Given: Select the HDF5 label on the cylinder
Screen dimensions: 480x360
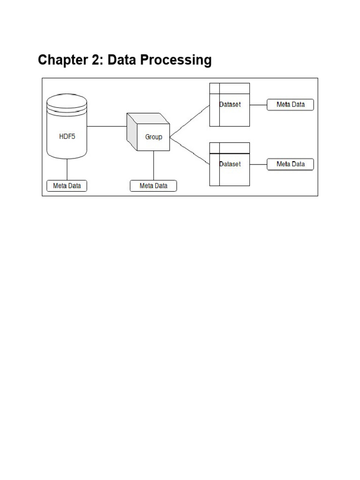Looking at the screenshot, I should tap(67, 137).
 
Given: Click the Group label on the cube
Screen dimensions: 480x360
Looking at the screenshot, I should tap(153, 137).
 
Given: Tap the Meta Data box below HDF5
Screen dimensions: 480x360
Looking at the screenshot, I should tap(67, 186).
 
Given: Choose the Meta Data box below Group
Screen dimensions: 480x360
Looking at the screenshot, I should tap(153, 186).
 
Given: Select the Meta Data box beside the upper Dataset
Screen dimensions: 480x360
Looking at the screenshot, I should tap(290, 105).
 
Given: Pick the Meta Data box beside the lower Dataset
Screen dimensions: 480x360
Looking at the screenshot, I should tap(290, 164).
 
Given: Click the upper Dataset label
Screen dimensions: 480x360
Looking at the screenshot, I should tap(230, 105).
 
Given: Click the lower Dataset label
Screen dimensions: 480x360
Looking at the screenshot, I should tap(230, 164).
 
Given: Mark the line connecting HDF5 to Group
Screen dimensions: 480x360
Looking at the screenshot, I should tap(107, 126).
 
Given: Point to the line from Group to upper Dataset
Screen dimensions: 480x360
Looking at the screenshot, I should tap(189, 121).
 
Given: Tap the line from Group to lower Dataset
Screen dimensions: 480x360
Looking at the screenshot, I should tap(189, 150).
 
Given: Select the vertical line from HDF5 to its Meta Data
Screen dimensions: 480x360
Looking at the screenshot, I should tap(67, 169).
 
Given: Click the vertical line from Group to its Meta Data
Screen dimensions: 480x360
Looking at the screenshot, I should tap(154, 165).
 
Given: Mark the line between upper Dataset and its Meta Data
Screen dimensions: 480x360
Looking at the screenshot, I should tap(258, 105).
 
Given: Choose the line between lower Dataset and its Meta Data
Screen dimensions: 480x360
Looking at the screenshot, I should tap(258, 164).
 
